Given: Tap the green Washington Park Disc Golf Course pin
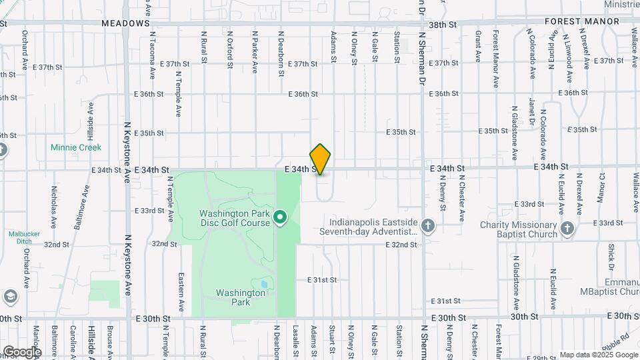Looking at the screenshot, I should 281,217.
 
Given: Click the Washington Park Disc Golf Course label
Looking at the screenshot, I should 235,218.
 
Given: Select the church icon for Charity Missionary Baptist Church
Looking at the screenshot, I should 567,229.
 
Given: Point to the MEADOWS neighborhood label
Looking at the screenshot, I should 125,23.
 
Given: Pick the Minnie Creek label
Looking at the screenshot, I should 76,147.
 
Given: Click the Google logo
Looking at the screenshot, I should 22,351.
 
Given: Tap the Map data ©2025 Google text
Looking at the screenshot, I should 598,355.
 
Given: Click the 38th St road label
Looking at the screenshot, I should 442,23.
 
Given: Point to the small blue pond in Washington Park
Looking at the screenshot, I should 265,284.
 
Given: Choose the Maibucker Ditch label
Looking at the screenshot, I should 25,238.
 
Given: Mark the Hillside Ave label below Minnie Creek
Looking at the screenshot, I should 90,136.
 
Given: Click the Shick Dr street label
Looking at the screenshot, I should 611,257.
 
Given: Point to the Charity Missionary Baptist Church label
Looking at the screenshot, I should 519,229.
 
